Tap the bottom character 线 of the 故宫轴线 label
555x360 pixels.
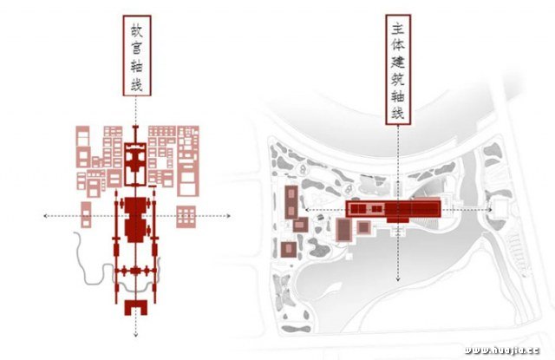click(135, 87)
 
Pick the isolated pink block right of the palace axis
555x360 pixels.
click(186, 216)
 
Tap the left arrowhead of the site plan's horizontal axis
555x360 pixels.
click(304, 209)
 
